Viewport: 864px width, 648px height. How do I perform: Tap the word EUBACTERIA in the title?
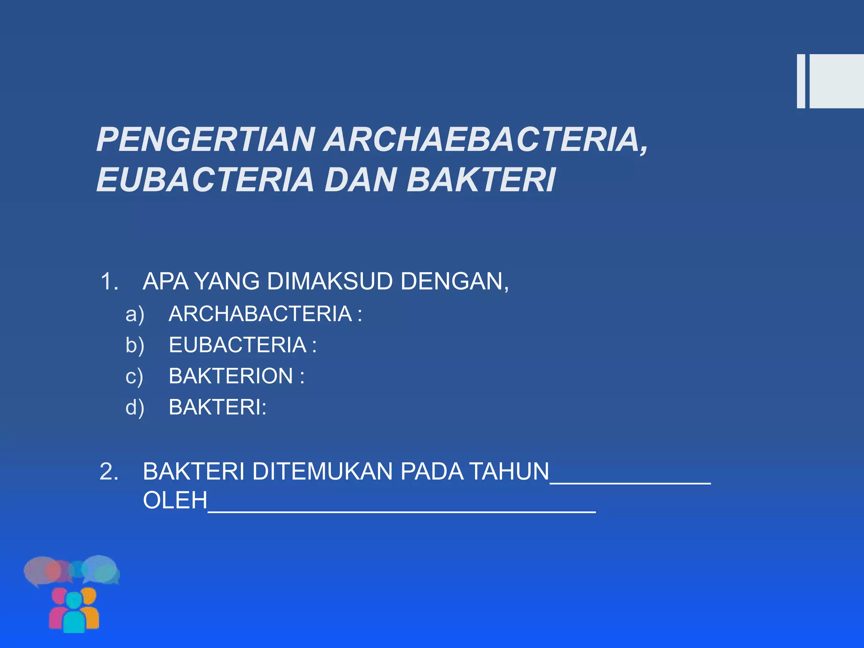(205, 180)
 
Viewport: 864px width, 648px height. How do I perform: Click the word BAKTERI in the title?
(481, 180)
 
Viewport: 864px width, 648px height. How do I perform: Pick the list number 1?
(109, 281)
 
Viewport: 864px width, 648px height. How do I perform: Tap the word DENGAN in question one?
(454, 281)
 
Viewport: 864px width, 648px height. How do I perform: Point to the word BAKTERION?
(231, 376)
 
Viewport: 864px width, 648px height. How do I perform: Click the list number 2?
(109, 472)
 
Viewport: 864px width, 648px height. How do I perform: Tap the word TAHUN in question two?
(509, 472)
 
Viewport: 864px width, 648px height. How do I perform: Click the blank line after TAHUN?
(631, 481)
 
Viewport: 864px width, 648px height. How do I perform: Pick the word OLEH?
(175, 500)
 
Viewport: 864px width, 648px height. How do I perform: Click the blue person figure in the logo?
(74, 614)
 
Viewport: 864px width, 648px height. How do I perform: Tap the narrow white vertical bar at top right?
(801, 81)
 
